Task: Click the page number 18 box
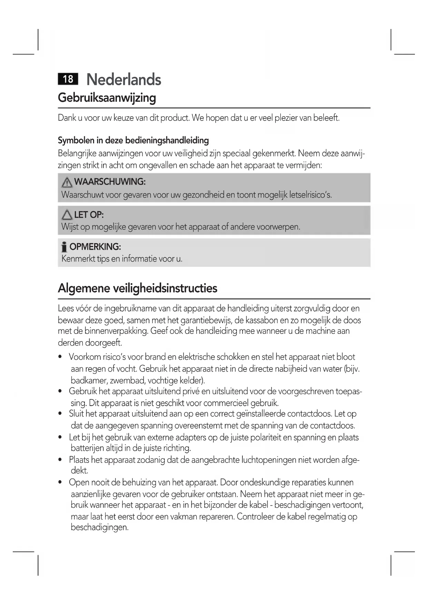pyautogui.click(x=68, y=79)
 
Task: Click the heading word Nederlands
pyautogui.click(x=124, y=80)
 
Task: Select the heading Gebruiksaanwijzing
pyautogui.click(x=107, y=98)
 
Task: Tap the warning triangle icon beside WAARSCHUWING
pyautogui.click(x=67, y=182)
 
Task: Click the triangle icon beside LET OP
pyautogui.click(x=67, y=215)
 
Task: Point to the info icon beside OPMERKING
pyautogui.click(x=64, y=247)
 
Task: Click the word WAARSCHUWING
pyautogui.click(x=110, y=182)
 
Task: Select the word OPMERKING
pyautogui.click(x=95, y=247)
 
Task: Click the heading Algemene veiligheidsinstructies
pyautogui.click(x=138, y=288)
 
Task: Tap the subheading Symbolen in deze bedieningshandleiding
pyautogui.click(x=133, y=140)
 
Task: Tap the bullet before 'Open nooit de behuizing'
pyautogui.click(x=60, y=483)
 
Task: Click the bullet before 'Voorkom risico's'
pyautogui.click(x=60, y=357)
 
